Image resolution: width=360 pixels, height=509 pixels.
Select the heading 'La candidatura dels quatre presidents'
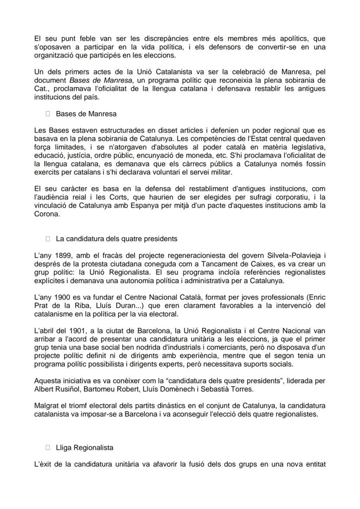tap(117, 239)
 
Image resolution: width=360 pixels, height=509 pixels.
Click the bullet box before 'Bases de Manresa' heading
tap(48, 114)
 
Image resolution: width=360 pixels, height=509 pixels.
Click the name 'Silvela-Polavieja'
tap(286, 256)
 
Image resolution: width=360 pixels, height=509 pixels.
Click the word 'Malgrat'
tap(47, 406)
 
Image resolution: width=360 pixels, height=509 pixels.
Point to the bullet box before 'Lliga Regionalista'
tap(48, 447)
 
